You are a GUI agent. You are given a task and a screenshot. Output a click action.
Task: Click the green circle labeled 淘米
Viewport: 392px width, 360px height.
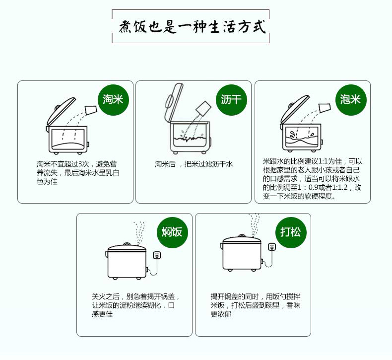tap(113, 99)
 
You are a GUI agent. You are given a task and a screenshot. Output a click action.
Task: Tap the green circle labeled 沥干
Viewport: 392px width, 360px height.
tap(231, 99)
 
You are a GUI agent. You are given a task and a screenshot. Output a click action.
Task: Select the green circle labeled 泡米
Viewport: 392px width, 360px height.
tap(350, 99)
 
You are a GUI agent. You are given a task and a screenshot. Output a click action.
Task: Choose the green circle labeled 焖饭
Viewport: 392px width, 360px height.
tap(172, 231)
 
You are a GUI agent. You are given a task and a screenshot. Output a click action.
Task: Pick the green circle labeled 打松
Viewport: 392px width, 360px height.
tap(291, 231)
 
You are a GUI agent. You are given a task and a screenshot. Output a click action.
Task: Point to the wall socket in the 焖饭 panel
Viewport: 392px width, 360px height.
tap(158, 255)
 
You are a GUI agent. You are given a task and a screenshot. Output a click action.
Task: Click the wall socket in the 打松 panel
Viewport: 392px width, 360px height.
tap(271, 247)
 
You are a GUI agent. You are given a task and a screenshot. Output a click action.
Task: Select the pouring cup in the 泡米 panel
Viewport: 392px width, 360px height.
tap(324, 108)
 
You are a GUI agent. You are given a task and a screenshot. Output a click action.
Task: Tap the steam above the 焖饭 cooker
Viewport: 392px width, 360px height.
tap(141, 231)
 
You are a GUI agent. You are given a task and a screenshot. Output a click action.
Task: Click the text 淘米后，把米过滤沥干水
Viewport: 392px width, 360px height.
tap(194, 164)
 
